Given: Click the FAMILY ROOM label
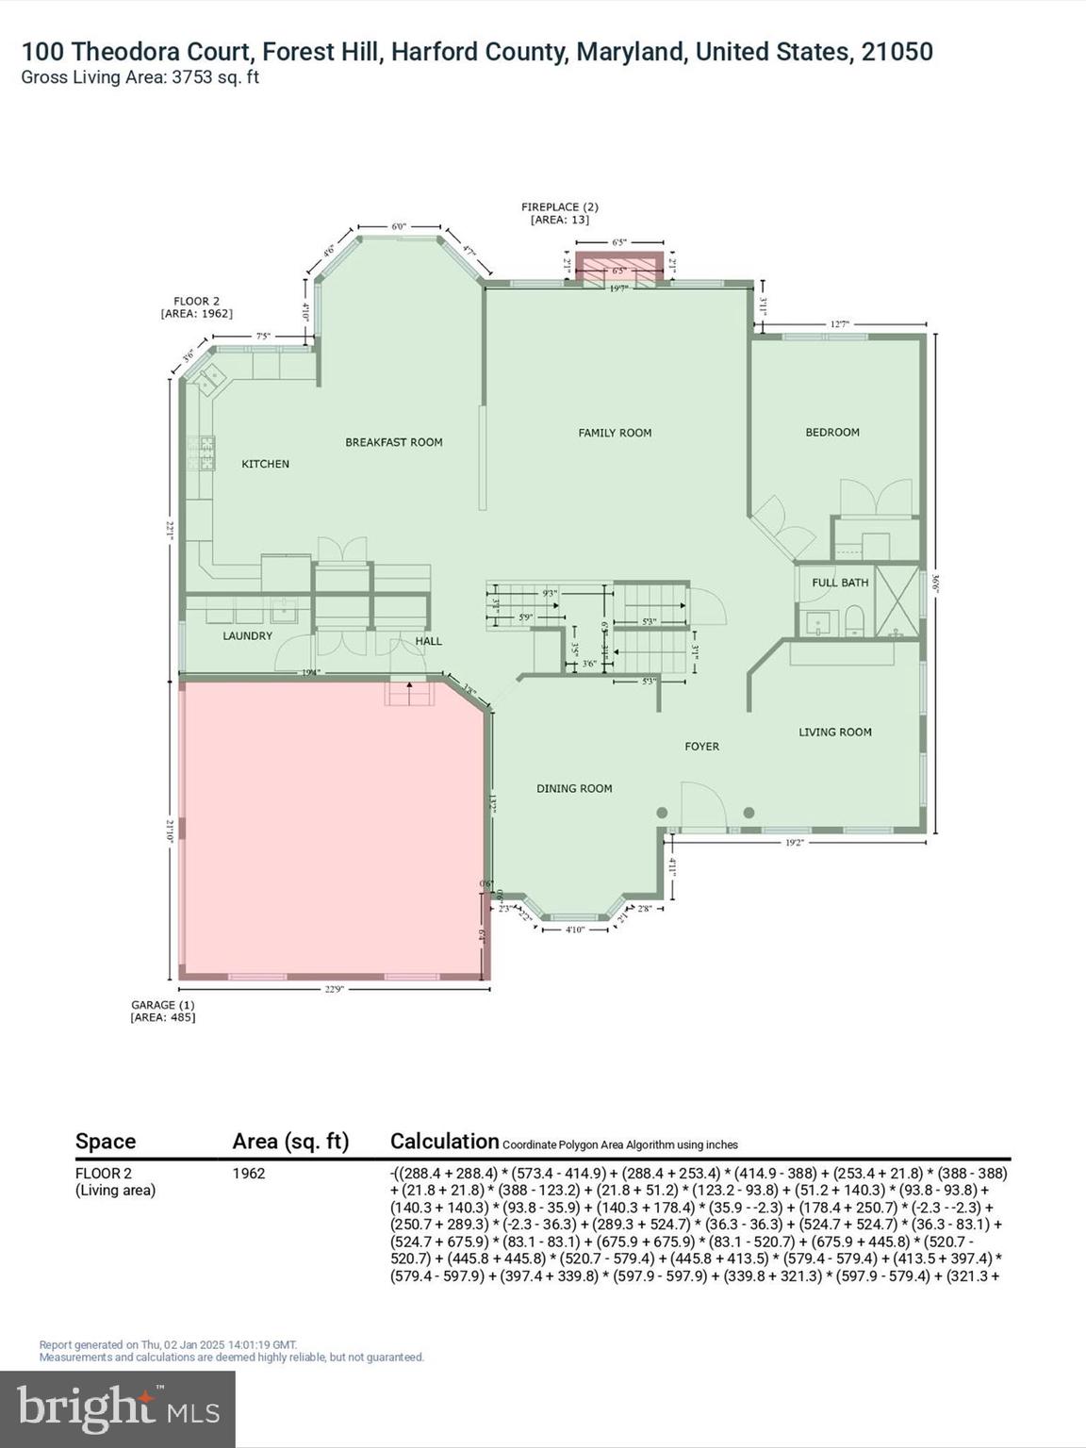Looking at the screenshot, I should point(615,433).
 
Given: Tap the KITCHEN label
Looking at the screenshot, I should point(265,464).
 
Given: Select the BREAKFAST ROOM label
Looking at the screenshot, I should point(393,442).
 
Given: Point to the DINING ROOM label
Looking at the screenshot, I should point(574,788).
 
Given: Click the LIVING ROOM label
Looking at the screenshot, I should point(834,732).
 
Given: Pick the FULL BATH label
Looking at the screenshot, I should point(840,583).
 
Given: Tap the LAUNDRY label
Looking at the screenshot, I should point(247,636).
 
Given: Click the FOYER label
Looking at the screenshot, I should point(701,746).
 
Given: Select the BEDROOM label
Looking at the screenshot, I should point(831,432).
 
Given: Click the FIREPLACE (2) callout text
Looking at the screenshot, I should point(560,206).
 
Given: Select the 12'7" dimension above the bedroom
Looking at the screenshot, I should point(839,324).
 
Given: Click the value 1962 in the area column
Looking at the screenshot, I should point(249,1174).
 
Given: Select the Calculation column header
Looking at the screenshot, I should point(444,1141).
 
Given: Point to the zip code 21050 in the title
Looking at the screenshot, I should point(896,52).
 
